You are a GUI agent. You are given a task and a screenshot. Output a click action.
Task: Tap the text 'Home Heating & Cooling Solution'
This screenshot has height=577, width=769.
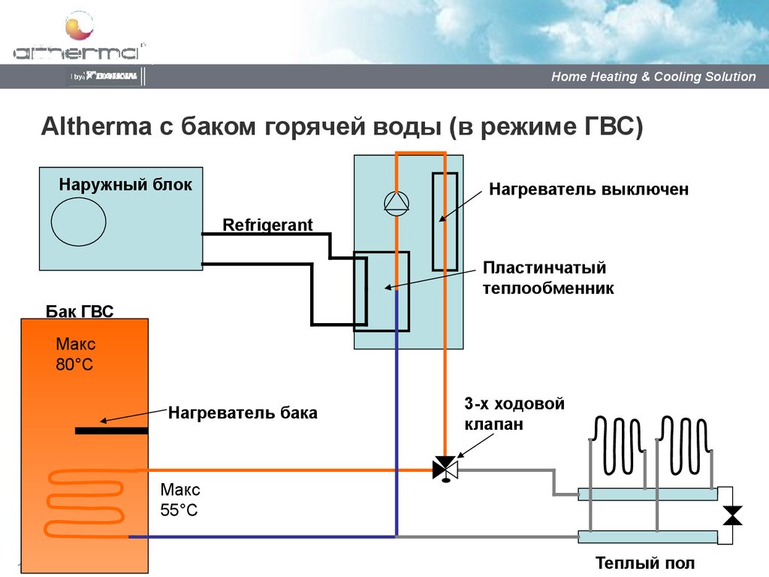pos(653,77)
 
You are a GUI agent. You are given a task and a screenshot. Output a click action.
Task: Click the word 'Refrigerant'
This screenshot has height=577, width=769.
pos(267,225)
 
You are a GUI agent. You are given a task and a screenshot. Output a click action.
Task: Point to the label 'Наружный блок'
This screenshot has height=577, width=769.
pos(125,184)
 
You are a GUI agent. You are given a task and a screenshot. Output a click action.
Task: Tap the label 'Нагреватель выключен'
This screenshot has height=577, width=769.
pos(589,189)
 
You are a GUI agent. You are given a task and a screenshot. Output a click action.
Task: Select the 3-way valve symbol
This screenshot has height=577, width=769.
pos(445,470)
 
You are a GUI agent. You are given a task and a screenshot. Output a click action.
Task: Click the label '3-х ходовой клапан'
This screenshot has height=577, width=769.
pos(513,414)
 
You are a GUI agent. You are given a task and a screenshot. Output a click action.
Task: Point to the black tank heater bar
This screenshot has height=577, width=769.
pos(111,430)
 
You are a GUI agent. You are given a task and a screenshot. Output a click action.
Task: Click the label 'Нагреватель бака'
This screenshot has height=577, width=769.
pos(243,412)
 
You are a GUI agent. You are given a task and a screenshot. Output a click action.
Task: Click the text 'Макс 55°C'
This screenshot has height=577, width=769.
pos(180,500)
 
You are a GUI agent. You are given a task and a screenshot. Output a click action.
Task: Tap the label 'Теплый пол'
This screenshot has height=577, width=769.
pos(645,563)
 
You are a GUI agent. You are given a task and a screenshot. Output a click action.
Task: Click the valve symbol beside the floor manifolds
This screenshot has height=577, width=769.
pos(731,515)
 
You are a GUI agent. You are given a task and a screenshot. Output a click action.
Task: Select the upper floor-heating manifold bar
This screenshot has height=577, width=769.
pos(647,494)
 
